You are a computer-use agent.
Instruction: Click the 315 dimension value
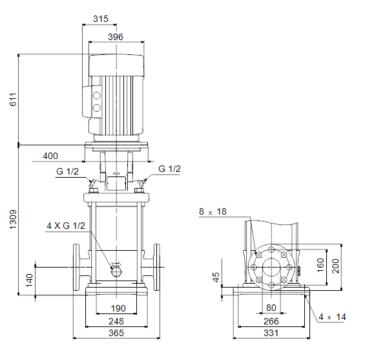click(101, 19)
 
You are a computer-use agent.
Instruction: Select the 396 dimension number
click(116, 37)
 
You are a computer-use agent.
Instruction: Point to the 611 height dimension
click(14, 100)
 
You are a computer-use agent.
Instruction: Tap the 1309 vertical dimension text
click(13, 219)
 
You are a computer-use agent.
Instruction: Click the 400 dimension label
click(50, 156)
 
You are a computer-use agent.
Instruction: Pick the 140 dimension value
click(29, 281)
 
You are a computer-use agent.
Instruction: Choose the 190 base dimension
click(118, 308)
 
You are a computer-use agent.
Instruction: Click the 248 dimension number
click(116, 321)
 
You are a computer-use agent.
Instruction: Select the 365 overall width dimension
click(116, 333)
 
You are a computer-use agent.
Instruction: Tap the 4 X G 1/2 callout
click(66, 226)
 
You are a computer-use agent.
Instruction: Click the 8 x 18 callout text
click(213, 211)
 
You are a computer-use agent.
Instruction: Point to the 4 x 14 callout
click(332, 317)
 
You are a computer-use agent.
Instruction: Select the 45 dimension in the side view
click(216, 277)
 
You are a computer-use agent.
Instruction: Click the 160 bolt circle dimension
click(320, 265)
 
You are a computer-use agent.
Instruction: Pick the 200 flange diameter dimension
click(335, 266)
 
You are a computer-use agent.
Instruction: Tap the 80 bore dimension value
click(271, 308)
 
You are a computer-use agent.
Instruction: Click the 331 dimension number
click(271, 333)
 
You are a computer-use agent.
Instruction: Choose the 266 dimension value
click(271, 321)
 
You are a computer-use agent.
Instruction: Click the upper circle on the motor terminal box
click(97, 96)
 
